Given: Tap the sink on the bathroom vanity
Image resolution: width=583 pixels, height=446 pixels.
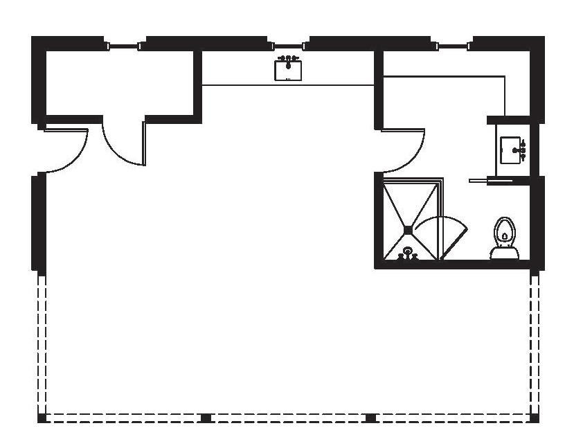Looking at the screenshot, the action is (x=512, y=150).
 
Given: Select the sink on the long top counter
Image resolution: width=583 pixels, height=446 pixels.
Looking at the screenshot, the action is (x=288, y=71).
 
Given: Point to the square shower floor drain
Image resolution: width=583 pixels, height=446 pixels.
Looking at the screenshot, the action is (x=408, y=230).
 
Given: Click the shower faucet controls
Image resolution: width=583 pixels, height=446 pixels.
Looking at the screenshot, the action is (x=407, y=255).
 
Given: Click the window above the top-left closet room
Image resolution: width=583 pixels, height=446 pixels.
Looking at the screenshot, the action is (x=124, y=46).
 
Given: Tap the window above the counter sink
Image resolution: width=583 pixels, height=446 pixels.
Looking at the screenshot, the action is (x=287, y=46).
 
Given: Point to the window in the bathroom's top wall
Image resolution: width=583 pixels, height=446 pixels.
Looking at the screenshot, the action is (x=451, y=46).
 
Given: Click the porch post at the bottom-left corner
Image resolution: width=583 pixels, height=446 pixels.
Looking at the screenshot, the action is (x=42, y=418).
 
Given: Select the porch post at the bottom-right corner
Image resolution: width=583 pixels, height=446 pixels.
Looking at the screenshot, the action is (x=535, y=418).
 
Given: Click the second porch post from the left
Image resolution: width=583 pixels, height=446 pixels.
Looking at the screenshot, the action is (x=206, y=418).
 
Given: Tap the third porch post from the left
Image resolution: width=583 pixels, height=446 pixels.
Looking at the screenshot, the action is (x=370, y=418).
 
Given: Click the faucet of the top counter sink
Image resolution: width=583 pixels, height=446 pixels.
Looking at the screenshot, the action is (x=288, y=61).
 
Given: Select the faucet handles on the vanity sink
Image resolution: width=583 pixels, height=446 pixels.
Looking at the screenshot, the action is (x=523, y=150).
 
